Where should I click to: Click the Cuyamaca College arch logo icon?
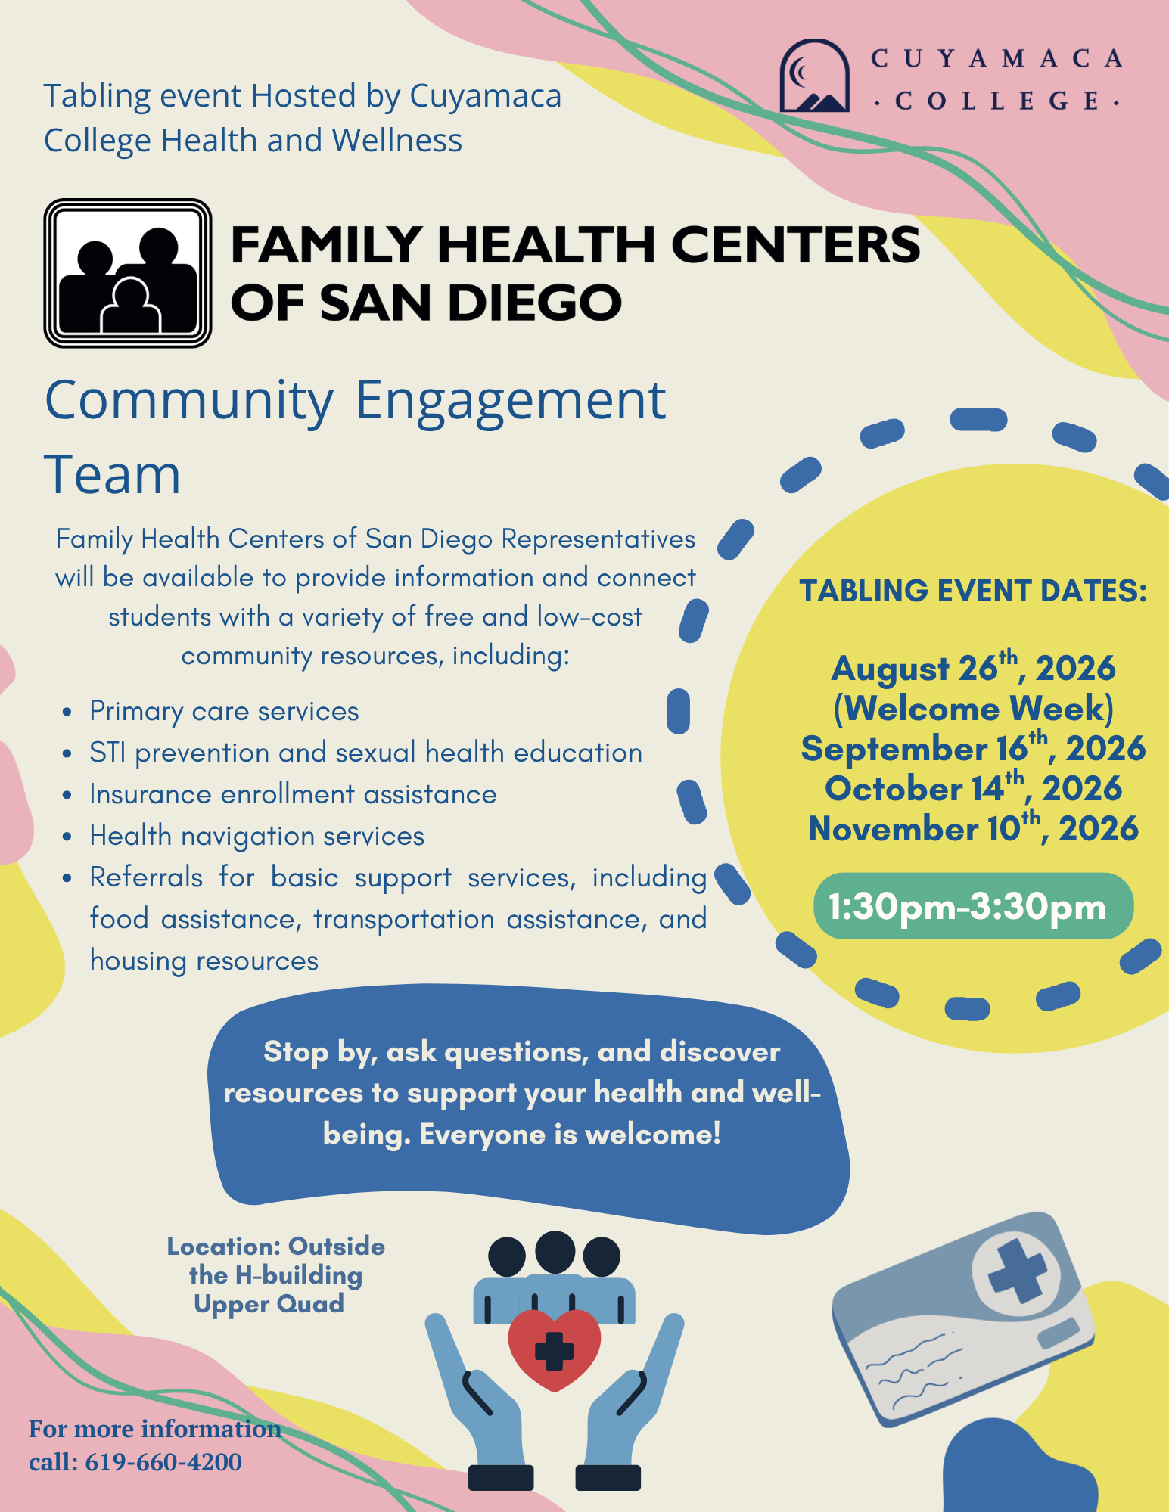tap(815, 76)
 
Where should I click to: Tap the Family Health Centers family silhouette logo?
tap(128, 273)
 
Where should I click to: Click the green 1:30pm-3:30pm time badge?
tap(973, 906)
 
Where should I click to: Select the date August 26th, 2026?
tap(973, 667)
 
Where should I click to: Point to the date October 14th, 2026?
tap(973, 787)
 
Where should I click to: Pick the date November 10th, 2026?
tap(973, 827)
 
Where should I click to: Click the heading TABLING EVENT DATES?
tap(973, 591)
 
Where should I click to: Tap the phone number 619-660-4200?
tap(163, 1461)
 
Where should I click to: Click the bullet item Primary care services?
tap(224, 711)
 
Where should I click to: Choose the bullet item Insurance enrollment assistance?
tap(293, 794)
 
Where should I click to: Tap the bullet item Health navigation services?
tap(256, 836)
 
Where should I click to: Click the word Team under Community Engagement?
tap(113, 475)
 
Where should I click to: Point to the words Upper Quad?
tap(269, 1304)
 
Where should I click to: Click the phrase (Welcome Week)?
tap(973, 708)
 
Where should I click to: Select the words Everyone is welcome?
tap(570, 1134)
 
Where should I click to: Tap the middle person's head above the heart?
tap(555, 1253)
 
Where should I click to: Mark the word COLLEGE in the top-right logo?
tap(996, 101)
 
